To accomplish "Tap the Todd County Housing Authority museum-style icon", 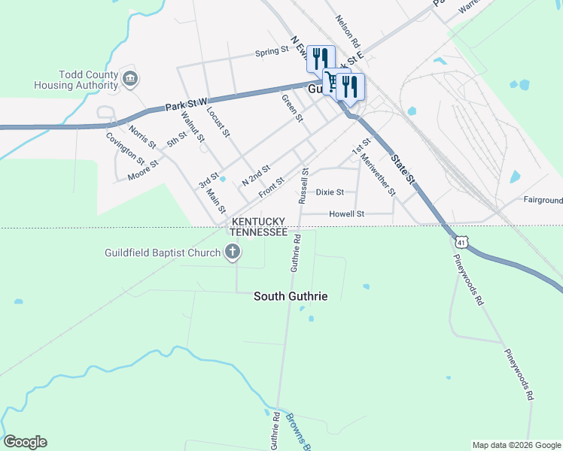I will tap(130, 78).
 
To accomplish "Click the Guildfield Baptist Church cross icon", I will tap(233, 252).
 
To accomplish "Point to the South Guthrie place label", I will tap(291, 297).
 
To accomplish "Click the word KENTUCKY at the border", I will tap(258, 222).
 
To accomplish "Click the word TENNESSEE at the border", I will tap(258, 233).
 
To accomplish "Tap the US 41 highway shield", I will tap(461, 241).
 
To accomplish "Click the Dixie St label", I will tap(330, 192).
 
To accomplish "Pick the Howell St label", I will tap(347, 214).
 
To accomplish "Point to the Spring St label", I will tap(272, 52).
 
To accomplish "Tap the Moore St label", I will tap(143, 171).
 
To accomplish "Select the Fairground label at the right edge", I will tap(543, 201).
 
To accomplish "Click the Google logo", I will tap(25, 442).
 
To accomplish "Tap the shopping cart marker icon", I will tap(331, 81).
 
